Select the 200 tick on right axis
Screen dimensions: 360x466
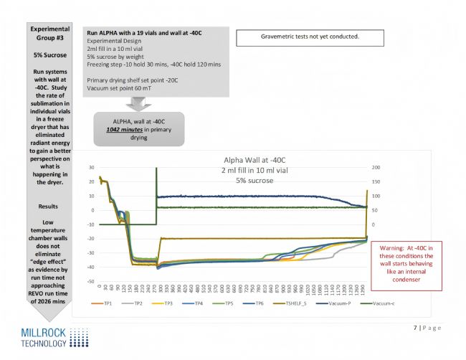click(x=375, y=167)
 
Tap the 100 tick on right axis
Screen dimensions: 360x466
click(x=375, y=196)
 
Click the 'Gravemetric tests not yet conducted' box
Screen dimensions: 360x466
click(x=311, y=36)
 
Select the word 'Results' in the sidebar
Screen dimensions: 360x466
click(x=49, y=206)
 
